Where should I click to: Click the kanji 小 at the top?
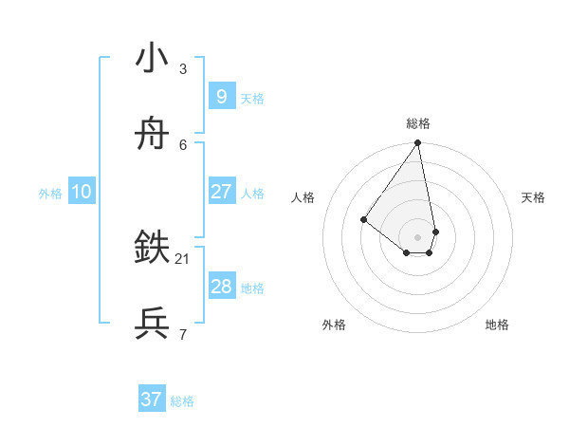pos(152,59)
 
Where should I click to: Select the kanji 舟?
pos(152,136)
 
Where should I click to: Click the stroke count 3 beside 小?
pos(183,68)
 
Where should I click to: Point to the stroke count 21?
pos(183,258)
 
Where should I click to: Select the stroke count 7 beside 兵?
pos(183,334)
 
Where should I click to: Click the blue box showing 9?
pos(221,96)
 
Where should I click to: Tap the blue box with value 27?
pos(221,192)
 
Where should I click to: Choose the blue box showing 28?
pos(221,287)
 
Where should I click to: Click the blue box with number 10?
pos(82,192)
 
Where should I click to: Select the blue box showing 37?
pos(152,400)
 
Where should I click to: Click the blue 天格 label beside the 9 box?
pos(252,99)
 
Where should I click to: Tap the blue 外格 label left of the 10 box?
pos(50,194)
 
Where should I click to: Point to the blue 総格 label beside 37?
pos(182,401)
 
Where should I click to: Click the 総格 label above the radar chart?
pos(418,123)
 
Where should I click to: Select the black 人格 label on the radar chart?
pos(303,197)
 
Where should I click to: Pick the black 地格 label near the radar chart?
pos(497,325)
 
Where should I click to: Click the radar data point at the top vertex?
pos(417,143)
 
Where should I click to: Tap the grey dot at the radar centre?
pos(417,236)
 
